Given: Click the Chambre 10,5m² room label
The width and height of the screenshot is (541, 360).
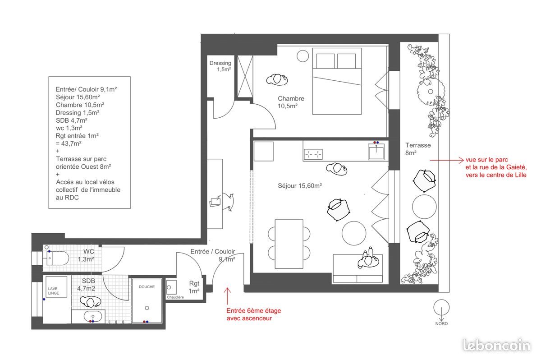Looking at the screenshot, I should tap(291, 102).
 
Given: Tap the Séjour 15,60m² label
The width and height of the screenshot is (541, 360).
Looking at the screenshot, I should tap(300, 185).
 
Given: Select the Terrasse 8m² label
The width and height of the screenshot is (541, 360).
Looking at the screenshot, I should tap(417, 149).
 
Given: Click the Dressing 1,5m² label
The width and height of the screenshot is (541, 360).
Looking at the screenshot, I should tap(220, 66).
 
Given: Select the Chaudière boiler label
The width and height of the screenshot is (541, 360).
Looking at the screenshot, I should tap(175, 297).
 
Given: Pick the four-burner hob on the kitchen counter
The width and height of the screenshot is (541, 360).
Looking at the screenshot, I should tap(313, 154).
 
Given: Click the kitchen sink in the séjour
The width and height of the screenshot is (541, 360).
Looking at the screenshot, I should tap(376, 151).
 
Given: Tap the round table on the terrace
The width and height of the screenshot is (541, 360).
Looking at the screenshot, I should tap(424, 206).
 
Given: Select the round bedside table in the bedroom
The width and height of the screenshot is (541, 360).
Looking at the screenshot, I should tap(303, 56).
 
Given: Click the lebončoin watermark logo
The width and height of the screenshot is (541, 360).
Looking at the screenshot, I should tap(496, 345).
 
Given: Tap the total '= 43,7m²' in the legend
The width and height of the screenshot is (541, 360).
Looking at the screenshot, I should tap(69, 143).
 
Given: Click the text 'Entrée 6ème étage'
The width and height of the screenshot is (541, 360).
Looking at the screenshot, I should tap(253, 311).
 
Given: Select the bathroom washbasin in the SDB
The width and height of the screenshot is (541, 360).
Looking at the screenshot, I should tap(93, 316).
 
